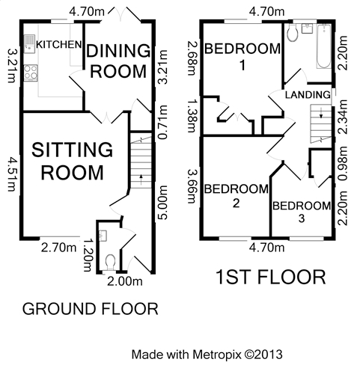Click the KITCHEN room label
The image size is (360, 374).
(x=59, y=45)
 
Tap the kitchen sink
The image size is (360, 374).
(x=29, y=44)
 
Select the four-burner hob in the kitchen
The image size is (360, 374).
(x=31, y=73)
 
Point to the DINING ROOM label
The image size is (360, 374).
(x=118, y=61)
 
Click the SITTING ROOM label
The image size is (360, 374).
(x=73, y=162)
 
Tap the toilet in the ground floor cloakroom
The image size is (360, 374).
(x=110, y=263)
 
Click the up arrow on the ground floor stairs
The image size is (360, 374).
(x=141, y=180)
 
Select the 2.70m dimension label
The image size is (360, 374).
(x=58, y=248)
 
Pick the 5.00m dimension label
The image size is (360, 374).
(x=162, y=203)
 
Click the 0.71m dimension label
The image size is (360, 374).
(x=163, y=122)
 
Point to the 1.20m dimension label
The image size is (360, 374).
(x=87, y=255)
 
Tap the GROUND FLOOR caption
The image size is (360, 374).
(x=91, y=309)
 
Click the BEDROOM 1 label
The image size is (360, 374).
(x=242, y=56)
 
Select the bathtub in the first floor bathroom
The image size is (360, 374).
(x=324, y=46)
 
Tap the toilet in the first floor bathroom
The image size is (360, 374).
(x=292, y=34)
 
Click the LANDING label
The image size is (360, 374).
(x=308, y=95)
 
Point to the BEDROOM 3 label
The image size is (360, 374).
(x=302, y=212)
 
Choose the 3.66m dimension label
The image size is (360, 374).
(x=192, y=186)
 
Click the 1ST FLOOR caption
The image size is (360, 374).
(x=270, y=278)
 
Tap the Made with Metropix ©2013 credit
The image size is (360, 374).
(x=207, y=355)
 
